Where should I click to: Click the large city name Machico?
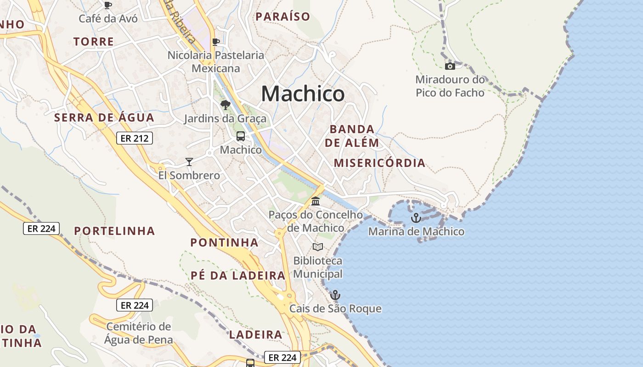pos(303,94)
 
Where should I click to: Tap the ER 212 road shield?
pos(134,138)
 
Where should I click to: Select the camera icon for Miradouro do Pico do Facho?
pos(450,66)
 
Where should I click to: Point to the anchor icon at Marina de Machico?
pos(416,218)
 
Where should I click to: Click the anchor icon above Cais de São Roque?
pos(335,295)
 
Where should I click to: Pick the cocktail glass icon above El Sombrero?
pos(189,161)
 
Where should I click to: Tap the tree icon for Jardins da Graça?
pos(225,105)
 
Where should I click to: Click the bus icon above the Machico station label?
pos(240,136)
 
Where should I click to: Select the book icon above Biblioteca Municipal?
pos(317,247)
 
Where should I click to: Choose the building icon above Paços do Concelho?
pos(316,201)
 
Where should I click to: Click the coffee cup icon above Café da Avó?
pos(108,5)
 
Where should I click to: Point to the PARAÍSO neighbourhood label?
pos(283,17)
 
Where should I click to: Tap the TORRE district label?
pos(93,42)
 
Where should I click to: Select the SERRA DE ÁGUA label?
pos(104,117)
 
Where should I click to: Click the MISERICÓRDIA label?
pos(379,163)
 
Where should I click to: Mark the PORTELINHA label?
pos(114,231)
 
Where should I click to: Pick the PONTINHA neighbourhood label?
pos(224,242)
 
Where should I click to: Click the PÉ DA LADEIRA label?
pos(238,276)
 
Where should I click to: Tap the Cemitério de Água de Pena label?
pos(138,334)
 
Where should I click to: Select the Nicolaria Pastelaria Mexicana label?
pos(216,62)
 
